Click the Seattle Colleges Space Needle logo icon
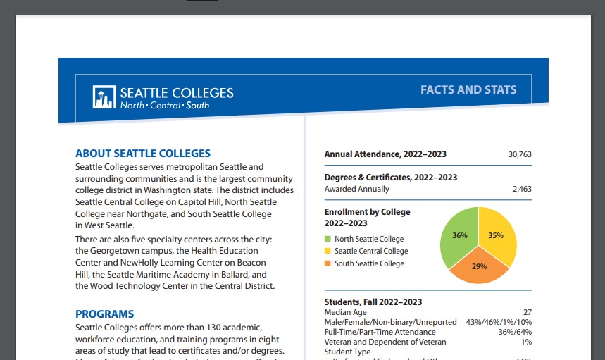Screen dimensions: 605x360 pos(104,97)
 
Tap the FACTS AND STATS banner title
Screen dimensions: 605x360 pos(468,89)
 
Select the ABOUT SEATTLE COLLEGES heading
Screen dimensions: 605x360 pos(143,153)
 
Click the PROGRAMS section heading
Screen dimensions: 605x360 pos(104,314)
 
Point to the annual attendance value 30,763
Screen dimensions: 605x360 pos(520,154)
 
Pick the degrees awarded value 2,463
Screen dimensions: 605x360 pos(522,189)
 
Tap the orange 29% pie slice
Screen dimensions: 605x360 pos(480,268)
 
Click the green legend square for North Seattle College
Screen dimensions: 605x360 pos(327,239)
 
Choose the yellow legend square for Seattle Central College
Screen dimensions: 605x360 pos(327,251)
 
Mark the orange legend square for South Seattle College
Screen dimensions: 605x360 pos(327,263)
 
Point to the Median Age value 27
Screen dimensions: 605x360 pos(527,312)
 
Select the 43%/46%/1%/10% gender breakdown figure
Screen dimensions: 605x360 pos(499,322)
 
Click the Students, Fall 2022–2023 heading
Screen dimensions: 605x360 pos(373,302)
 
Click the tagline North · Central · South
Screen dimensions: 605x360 pos(165,106)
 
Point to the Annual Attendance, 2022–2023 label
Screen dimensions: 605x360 pos(385,154)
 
